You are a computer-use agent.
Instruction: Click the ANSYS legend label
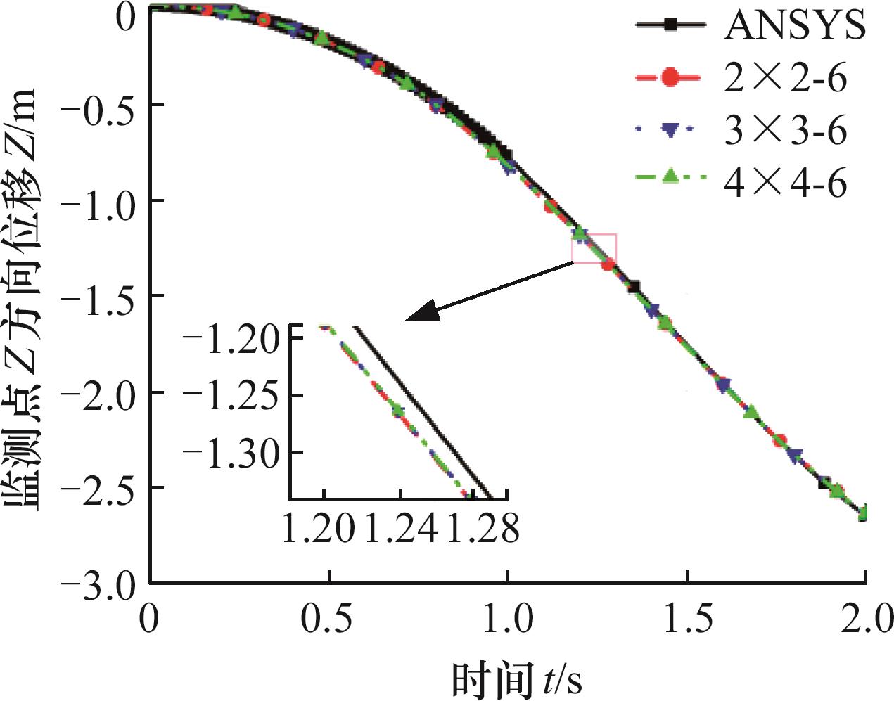point(795,25)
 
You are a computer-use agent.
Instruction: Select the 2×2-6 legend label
point(786,77)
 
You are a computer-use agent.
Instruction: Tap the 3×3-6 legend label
point(786,130)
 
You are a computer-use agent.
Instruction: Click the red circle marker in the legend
point(670,77)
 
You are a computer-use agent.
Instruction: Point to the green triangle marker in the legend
point(670,176)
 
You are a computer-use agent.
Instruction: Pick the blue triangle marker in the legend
point(670,130)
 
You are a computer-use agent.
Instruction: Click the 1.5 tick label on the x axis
point(687,619)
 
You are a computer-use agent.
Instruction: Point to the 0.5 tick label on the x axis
point(328,619)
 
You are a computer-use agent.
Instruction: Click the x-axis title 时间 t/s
point(516,679)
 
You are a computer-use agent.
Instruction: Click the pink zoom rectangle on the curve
point(594,248)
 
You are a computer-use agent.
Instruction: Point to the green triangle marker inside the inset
point(398,409)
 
